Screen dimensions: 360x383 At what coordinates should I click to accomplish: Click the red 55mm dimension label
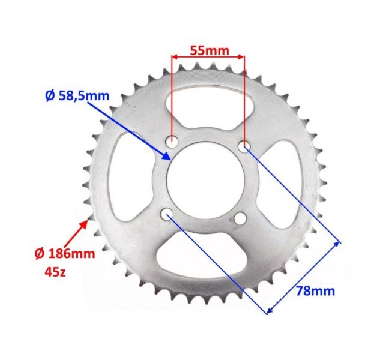[209, 50]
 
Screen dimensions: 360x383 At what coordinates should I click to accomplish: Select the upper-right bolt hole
[244, 145]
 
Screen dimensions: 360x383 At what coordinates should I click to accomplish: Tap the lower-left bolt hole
[167, 214]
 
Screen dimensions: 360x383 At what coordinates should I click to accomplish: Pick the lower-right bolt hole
[240, 220]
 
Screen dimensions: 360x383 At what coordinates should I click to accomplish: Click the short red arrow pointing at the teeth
[83, 229]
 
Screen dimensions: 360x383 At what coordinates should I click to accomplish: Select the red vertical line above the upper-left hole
[172, 96]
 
